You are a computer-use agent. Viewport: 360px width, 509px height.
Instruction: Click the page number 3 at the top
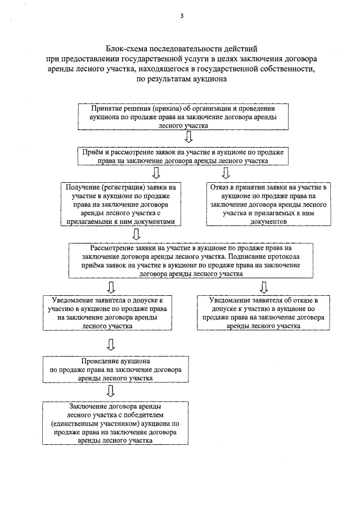(182, 15)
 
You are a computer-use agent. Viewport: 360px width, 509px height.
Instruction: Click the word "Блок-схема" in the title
(126, 49)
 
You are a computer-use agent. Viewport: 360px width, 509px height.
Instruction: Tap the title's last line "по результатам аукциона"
(181, 79)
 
